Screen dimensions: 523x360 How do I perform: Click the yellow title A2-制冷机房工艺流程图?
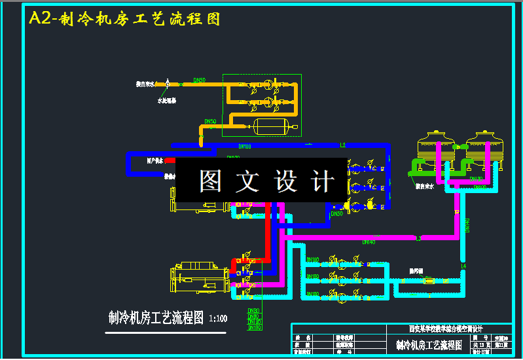click(x=124, y=18)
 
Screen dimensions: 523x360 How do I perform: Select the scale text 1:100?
click(x=218, y=319)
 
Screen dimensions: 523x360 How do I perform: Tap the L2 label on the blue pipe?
click(x=342, y=145)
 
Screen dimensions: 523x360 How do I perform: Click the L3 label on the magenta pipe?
click(x=418, y=238)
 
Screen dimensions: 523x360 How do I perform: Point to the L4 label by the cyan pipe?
click(x=463, y=266)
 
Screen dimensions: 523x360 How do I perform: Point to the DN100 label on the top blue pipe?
click(x=245, y=147)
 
